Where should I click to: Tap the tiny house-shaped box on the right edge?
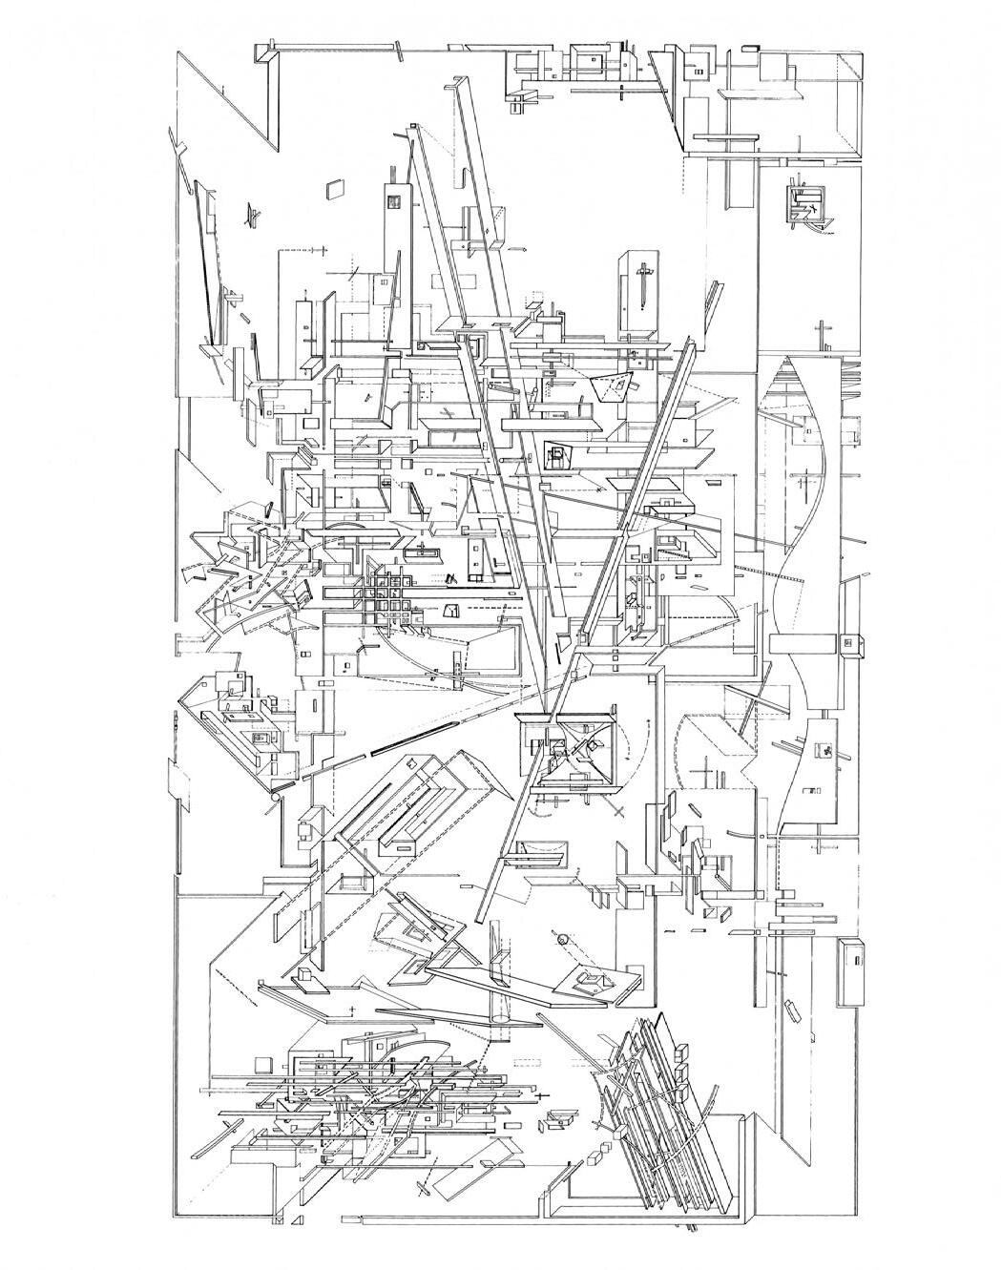(x=852, y=642)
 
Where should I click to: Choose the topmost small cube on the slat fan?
(x=682, y=1051)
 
